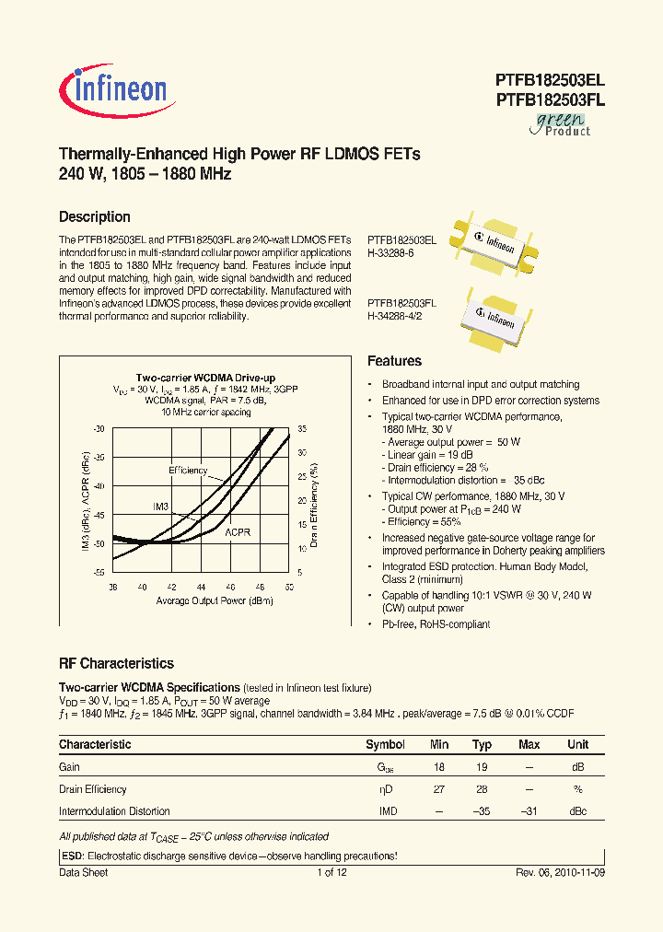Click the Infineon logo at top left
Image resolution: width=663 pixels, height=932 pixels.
coord(113,89)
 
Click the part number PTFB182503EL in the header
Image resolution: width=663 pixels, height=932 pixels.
coord(550,80)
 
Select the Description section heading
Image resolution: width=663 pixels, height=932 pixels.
coord(94,217)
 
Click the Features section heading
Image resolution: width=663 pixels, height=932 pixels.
coord(394,361)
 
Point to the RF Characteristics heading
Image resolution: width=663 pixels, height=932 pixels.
coord(116,663)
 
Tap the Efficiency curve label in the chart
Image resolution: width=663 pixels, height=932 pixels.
coord(188,471)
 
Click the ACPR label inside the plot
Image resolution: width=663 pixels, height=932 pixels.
coord(238,532)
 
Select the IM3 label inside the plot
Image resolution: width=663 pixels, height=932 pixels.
coord(160,507)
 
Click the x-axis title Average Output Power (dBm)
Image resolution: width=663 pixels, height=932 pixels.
coord(199,601)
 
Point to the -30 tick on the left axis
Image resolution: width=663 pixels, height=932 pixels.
coord(99,429)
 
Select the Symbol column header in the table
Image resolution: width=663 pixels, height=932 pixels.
coord(385,744)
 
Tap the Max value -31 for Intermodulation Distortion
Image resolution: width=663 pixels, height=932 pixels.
coord(529,811)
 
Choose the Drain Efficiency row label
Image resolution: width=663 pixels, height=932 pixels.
coord(93,789)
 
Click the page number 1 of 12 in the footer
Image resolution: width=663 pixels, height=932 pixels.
coord(331,872)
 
